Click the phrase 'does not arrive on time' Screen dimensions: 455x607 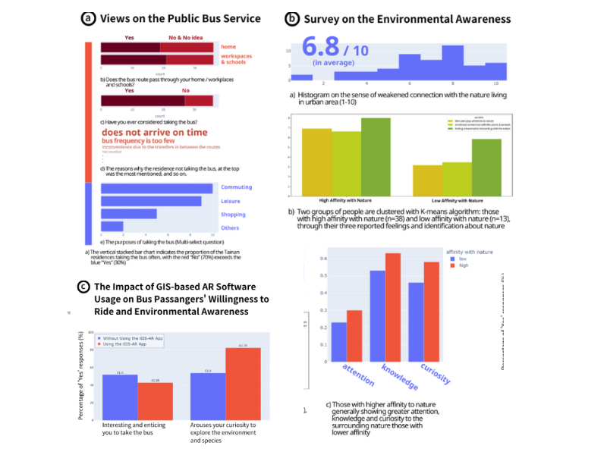[154, 132]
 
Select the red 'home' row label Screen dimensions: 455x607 [228, 45]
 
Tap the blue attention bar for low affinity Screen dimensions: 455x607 [339, 342]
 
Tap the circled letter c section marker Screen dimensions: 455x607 [83, 287]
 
